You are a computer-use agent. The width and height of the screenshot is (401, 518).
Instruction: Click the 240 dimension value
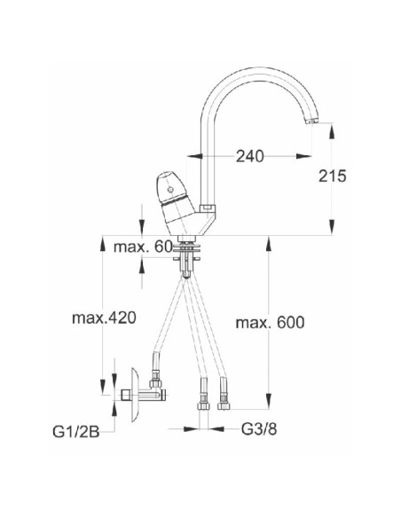249,156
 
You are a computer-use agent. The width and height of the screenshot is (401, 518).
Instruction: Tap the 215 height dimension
333,176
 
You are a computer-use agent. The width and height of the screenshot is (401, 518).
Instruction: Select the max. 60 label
143,247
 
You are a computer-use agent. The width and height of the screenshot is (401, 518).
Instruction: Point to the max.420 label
104,318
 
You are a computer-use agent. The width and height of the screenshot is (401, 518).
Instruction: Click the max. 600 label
270,323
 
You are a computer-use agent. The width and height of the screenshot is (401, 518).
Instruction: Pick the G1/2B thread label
76,432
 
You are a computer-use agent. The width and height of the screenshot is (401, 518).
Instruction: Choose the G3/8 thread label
259,429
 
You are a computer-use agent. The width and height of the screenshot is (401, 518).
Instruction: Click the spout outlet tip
311,122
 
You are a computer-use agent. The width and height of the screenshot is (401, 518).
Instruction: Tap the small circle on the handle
170,190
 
